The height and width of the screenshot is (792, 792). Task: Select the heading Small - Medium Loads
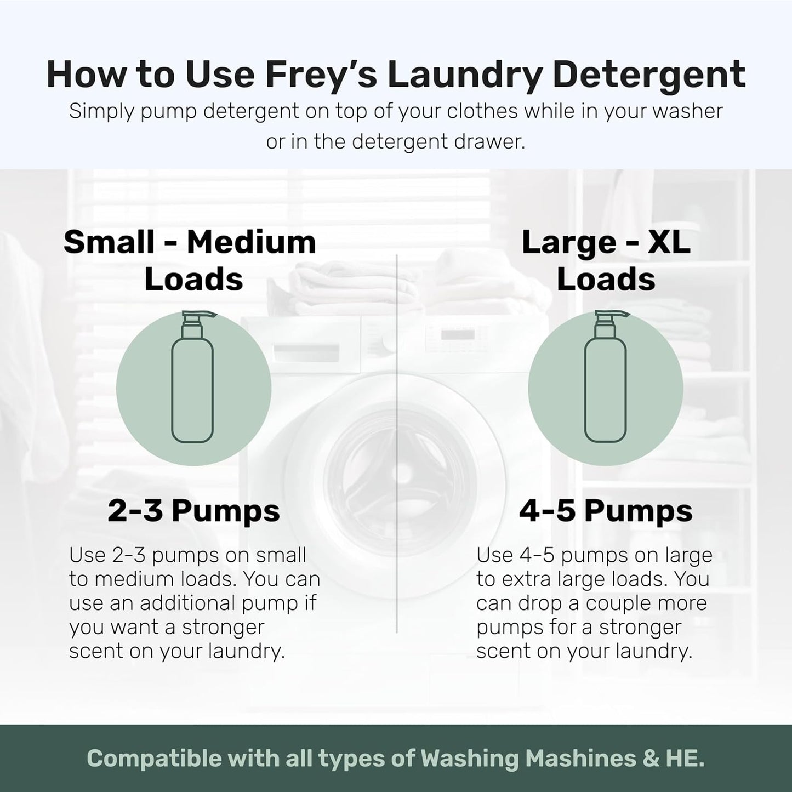(x=190, y=260)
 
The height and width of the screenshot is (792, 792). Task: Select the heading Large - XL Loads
(x=606, y=260)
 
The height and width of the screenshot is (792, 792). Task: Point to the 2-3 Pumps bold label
(x=193, y=511)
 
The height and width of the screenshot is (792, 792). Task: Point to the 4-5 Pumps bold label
(x=606, y=511)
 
